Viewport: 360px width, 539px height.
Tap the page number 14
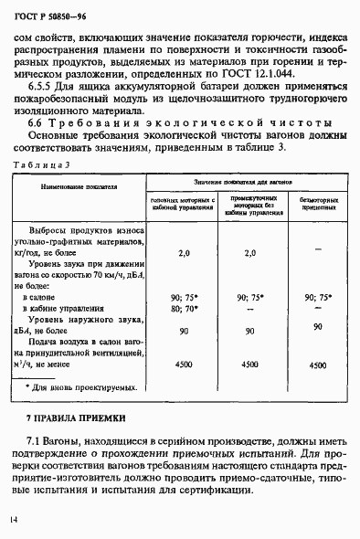coord(14,519)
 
